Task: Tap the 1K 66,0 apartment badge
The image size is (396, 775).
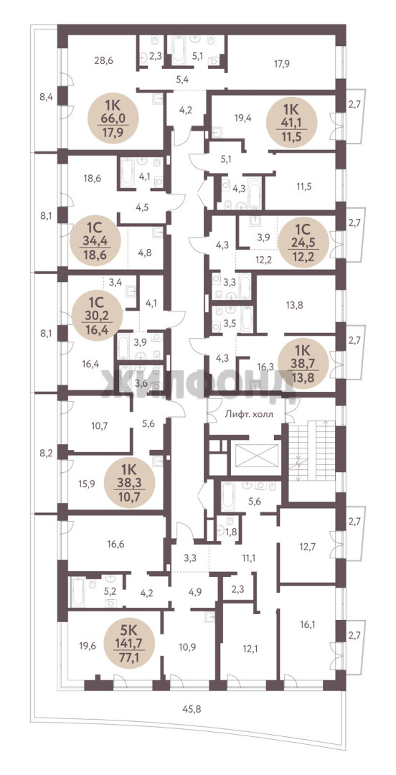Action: [113, 118]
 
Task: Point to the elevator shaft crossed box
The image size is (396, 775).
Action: [257, 456]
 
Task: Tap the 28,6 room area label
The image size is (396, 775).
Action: [104, 61]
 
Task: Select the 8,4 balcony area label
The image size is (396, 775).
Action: [46, 97]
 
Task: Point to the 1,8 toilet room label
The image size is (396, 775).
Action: [231, 531]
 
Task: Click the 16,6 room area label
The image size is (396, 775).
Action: [115, 545]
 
